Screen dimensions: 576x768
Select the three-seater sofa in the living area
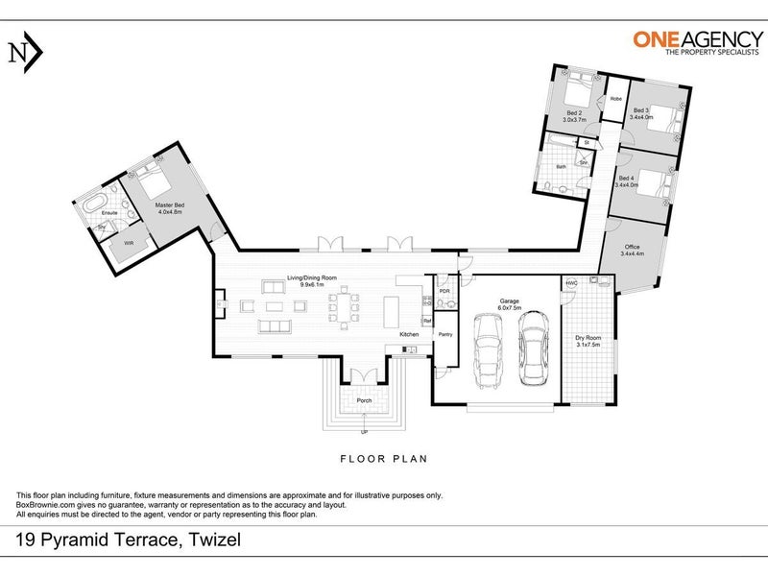[274, 328]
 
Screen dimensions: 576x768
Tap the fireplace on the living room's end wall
[220, 307]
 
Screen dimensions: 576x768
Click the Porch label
[364, 400]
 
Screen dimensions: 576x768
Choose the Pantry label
[444, 334]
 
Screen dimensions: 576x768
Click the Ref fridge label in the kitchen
[442, 320]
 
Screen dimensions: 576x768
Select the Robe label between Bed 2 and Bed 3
[615, 99]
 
